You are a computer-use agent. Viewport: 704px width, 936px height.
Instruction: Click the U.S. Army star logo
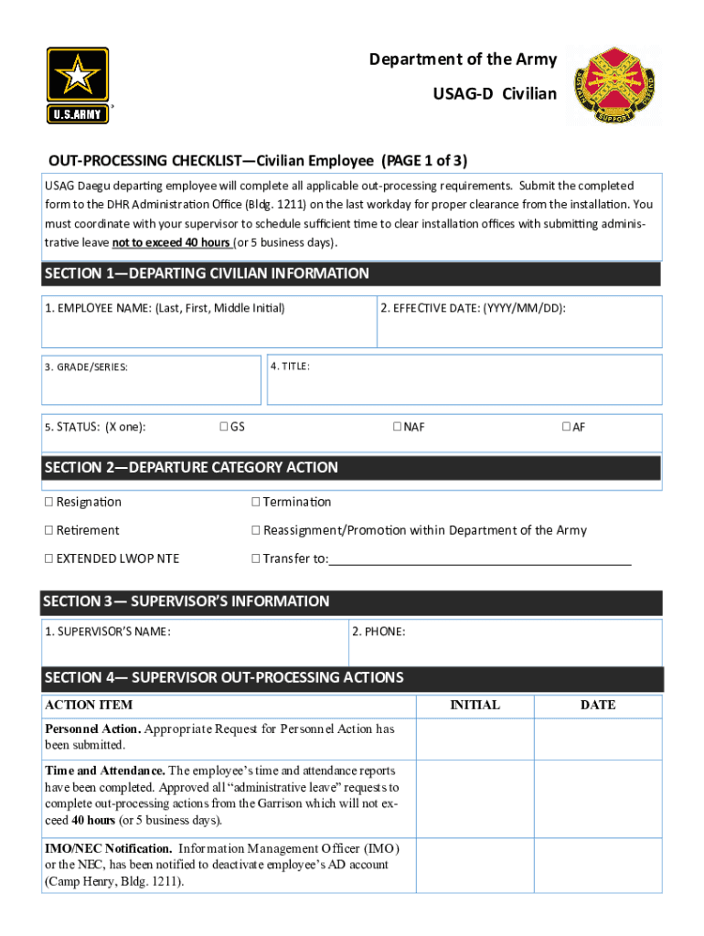coord(78,85)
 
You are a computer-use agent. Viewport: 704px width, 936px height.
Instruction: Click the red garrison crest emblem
coord(604,86)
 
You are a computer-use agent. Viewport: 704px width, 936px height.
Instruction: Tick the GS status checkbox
coord(224,427)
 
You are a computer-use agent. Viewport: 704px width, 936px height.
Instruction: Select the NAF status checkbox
coord(397,427)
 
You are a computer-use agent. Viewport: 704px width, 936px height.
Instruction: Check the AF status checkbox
coord(566,427)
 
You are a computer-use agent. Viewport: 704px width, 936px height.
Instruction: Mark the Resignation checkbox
coord(48,502)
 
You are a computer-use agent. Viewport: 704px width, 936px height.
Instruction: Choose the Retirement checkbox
coord(48,530)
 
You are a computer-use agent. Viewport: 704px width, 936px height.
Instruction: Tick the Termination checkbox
coord(256,502)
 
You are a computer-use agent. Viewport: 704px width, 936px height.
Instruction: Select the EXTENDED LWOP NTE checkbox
coord(48,558)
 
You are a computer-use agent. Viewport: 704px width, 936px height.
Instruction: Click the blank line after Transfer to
coord(480,559)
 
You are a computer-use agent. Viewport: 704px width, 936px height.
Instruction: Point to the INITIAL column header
coord(475,705)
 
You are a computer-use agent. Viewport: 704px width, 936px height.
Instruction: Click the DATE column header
coord(597,705)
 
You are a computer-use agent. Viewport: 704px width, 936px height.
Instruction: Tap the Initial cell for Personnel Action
coord(475,738)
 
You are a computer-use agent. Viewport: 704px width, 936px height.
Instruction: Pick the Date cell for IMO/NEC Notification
coord(597,864)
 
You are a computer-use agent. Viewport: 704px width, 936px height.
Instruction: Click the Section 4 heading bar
coord(351,678)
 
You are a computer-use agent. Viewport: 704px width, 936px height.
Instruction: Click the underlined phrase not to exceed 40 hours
coord(171,243)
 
